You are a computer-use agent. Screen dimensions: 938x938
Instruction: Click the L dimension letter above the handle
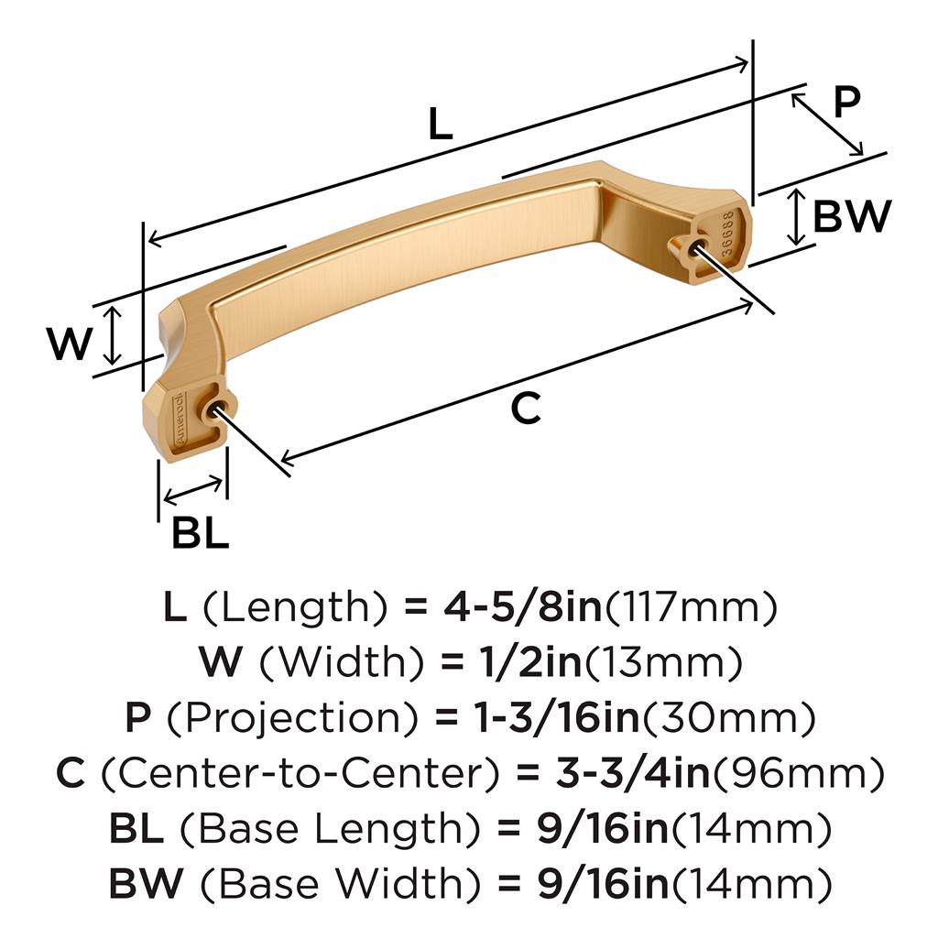[441, 125]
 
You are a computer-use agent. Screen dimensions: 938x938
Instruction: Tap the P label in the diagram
[847, 101]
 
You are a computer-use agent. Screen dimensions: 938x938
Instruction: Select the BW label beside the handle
[852, 216]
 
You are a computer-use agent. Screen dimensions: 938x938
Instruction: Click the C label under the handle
[526, 408]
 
